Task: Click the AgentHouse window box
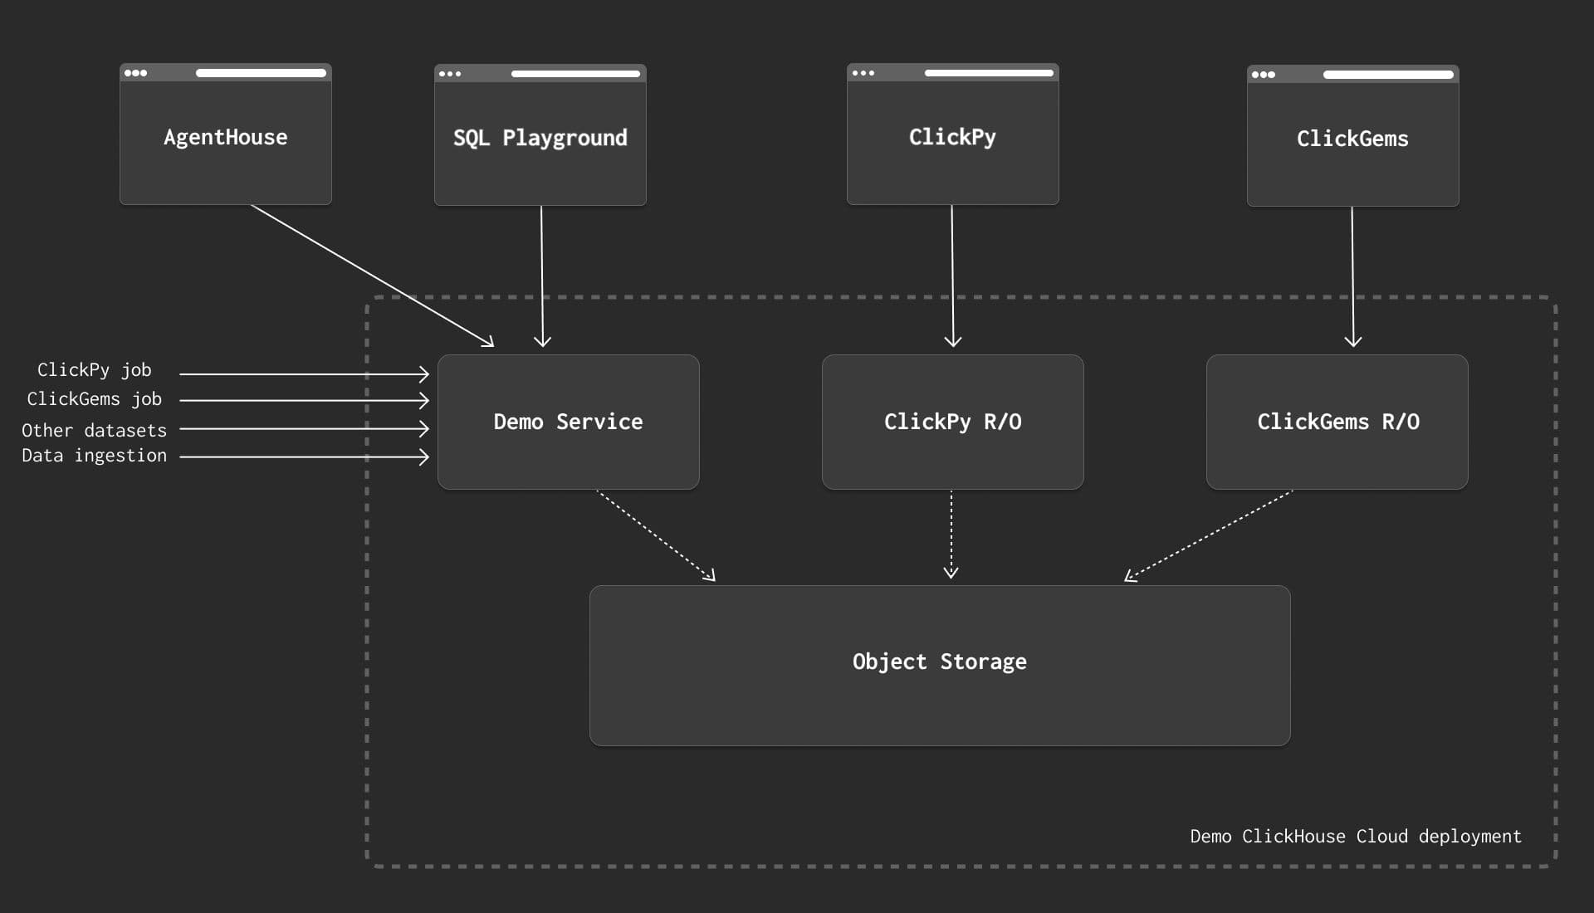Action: point(226,134)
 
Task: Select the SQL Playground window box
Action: point(540,134)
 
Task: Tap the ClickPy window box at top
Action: point(953,134)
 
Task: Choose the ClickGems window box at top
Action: point(1353,135)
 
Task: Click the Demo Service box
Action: point(569,422)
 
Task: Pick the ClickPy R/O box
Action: point(953,422)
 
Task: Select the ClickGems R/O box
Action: point(1337,422)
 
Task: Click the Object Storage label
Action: point(940,662)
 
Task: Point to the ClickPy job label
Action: point(95,370)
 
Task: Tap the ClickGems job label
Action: point(95,399)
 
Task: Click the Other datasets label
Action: point(95,430)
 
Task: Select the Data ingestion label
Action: point(95,456)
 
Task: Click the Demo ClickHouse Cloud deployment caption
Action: point(1356,836)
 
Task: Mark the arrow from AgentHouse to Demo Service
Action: point(373,276)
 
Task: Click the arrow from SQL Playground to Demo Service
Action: point(542,276)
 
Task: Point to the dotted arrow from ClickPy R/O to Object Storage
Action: point(951,534)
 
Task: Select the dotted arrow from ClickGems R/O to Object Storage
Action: point(1209,535)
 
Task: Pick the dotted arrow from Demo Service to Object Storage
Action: point(656,535)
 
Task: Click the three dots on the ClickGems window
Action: point(1264,75)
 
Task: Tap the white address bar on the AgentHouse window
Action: point(261,73)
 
